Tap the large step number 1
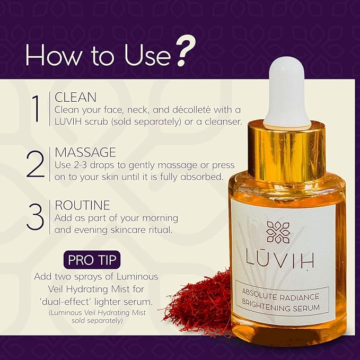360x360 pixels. (36, 109)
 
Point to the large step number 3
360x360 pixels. (36, 215)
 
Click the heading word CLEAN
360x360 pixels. (75, 98)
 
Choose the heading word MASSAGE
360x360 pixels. (85, 153)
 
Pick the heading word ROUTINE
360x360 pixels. (82, 205)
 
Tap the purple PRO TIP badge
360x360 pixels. (93, 261)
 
